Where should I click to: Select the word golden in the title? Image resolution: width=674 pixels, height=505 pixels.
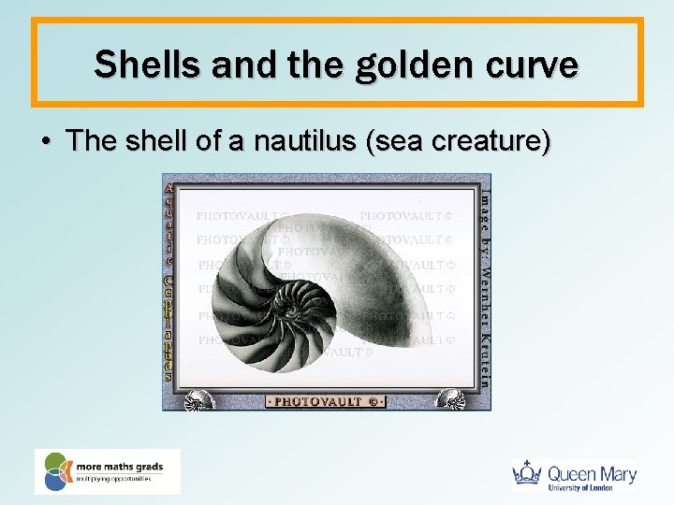(371, 65)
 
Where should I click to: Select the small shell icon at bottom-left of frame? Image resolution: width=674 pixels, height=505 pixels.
(198, 399)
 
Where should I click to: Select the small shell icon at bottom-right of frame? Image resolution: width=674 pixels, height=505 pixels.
(450, 399)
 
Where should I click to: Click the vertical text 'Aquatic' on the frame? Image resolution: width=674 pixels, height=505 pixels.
(168, 222)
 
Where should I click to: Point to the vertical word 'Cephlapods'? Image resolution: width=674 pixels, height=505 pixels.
(168, 327)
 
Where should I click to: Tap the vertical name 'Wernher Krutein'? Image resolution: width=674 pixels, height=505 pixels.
(484, 318)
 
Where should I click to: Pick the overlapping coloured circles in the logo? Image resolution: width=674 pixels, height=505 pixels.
(56, 471)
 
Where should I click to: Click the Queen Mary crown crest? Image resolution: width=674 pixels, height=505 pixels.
(528, 474)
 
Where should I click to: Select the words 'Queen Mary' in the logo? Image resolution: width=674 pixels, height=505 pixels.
(592, 473)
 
